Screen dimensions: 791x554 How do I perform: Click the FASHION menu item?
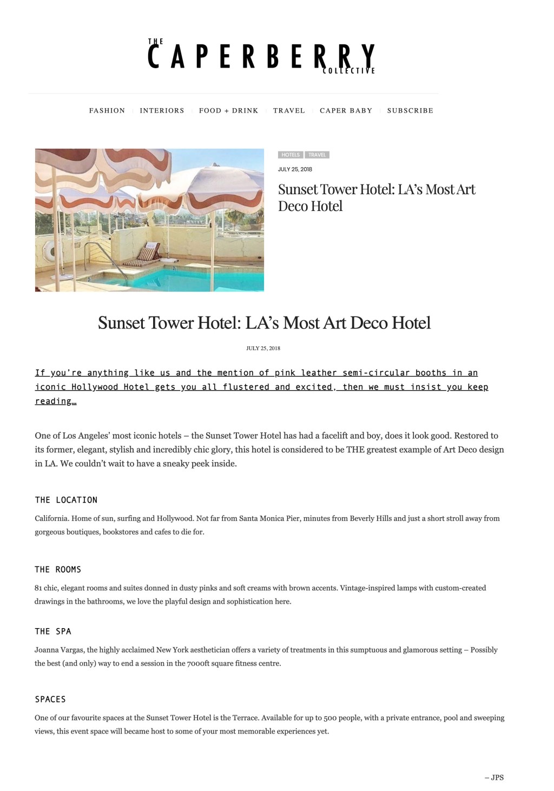point(107,110)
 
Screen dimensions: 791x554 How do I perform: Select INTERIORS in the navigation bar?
point(162,110)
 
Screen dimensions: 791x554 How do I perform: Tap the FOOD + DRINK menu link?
point(228,110)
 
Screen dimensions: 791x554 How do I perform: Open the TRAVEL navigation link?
point(289,110)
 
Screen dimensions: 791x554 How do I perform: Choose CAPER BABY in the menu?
point(346,110)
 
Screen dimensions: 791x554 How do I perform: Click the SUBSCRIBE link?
point(410,110)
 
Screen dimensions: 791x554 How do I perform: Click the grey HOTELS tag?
point(291,155)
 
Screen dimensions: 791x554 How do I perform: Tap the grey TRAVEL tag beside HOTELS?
point(317,155)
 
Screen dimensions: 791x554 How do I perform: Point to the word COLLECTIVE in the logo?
point(348,71)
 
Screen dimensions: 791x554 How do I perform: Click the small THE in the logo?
point(156,41)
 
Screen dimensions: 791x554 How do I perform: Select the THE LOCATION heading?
point(66,500)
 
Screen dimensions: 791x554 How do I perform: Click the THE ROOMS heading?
point(58,570)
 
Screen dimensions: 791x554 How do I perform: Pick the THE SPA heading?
point(53,631)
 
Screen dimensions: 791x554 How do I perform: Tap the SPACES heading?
point(50,699)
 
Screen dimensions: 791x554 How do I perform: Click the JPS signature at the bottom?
point(494,777)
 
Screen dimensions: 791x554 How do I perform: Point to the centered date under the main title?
point(263,348)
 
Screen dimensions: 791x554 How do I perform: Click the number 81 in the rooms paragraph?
point(38,588)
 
